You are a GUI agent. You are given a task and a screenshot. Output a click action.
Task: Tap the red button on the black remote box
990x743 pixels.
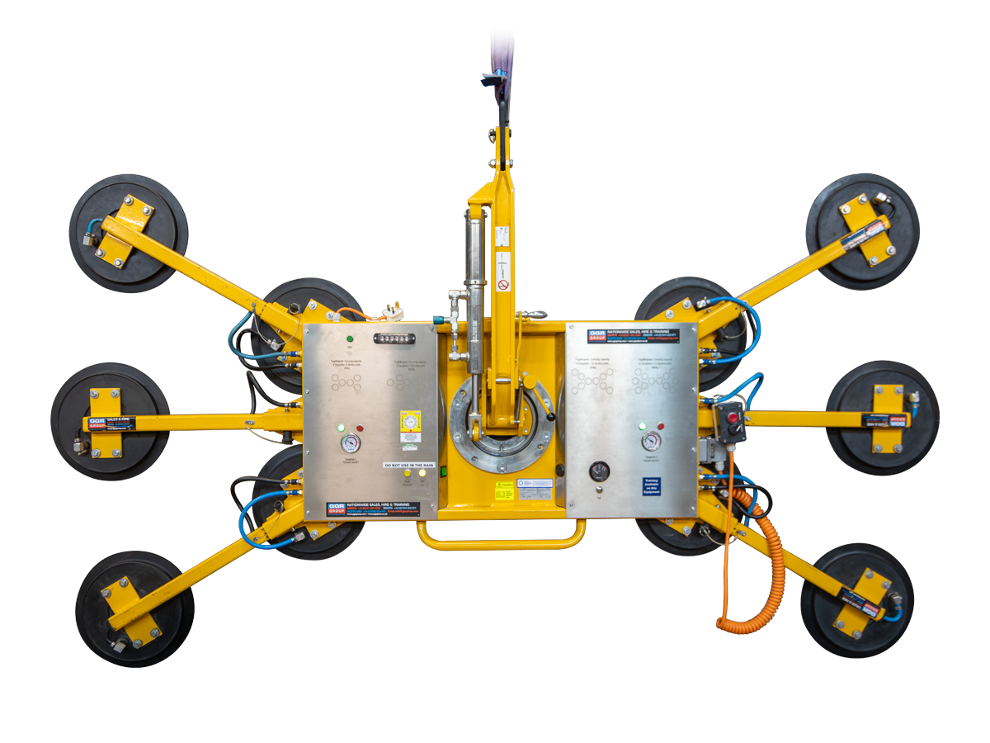click(732, 418)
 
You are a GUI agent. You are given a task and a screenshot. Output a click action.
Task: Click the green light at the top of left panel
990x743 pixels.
click(350, 338)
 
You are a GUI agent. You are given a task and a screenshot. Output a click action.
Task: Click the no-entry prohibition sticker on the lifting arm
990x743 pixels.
click(503, 286)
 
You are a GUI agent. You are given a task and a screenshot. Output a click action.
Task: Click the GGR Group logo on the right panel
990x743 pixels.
click(596, 335)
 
